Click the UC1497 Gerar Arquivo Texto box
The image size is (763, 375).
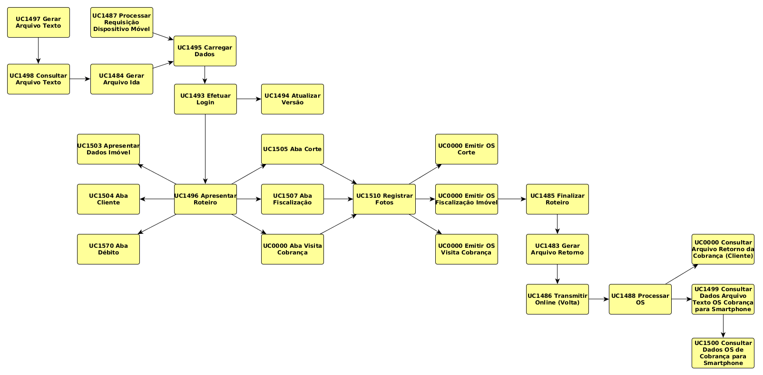[39, 22]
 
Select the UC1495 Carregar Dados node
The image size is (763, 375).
[205, 51]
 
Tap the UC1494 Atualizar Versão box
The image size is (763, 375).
[293, 99]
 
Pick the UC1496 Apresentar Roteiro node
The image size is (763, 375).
[205, 199]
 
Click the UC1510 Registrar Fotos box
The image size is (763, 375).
[384, 199]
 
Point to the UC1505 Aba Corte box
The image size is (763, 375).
[293, 149]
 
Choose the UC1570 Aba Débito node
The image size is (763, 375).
[108, 249]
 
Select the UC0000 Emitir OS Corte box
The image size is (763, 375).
[467, 149]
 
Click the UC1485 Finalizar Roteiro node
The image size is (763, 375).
[558, 199]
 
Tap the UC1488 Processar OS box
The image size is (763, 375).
[640, 299]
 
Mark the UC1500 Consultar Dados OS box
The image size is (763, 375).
[723, 353]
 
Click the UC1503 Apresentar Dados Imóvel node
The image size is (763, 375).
[108, 149]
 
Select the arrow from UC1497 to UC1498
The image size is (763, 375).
[39, 51]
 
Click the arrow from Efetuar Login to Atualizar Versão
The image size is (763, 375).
[249, 99]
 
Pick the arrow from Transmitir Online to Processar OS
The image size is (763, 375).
[598, 299]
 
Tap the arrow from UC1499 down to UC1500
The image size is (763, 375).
[723, 326]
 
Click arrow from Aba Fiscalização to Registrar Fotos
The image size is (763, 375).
[338, 199]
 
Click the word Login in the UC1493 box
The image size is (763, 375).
[205, 102]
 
